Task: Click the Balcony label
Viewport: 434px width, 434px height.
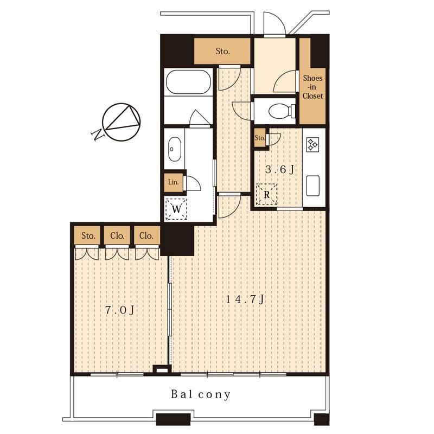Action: tap(201, 394)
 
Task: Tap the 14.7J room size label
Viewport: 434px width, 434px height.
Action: tap(246, 299)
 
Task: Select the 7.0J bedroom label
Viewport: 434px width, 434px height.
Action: tap(119, 310)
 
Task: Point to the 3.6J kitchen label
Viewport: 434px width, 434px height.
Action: tap(279, 169)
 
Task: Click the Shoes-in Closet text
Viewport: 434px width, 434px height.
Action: tap(312, 87)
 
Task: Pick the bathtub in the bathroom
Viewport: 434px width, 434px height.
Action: tap(188, 82)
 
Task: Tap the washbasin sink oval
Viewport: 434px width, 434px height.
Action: tap(175, 149)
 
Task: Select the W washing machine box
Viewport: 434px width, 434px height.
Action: tap(176, 209)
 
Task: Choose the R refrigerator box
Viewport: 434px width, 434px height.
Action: tap(266, 195)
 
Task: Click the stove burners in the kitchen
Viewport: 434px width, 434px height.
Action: tap(313, 144)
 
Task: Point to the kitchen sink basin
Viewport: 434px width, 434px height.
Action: tap(313, 186)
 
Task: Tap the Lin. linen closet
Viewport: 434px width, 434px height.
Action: tap(173, 182)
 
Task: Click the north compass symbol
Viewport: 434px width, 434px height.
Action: tap(121, 122)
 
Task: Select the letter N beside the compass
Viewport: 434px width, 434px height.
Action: tap(98, 135)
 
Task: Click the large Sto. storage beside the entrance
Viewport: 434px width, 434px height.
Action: tap(222, 51)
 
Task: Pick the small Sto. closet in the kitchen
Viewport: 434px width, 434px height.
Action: tap(260, 138)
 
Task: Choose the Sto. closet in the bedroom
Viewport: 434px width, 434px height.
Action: tap(88, 235)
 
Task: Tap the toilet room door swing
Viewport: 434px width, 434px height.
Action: tap(243, 111)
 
